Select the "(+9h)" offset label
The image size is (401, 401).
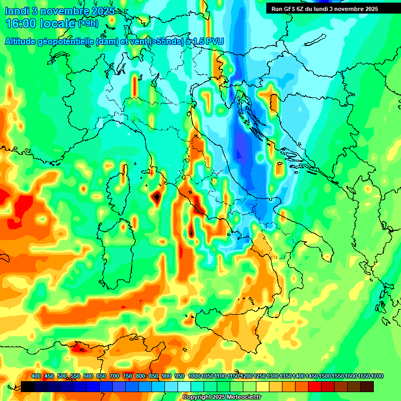coord(87,23)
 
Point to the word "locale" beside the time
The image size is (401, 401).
coord(60,23)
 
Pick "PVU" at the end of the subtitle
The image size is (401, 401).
coord(215,41)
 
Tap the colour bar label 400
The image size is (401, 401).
coord(36,376)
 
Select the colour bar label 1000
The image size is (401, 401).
coord(194,376)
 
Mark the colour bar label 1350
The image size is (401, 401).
coord(286,376)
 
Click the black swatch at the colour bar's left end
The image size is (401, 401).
coord(28,386)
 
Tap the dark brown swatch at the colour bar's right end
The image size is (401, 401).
coord(367,386)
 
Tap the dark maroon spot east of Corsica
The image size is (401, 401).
coord(156,197)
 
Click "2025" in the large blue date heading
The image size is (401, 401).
coord(101,11)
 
